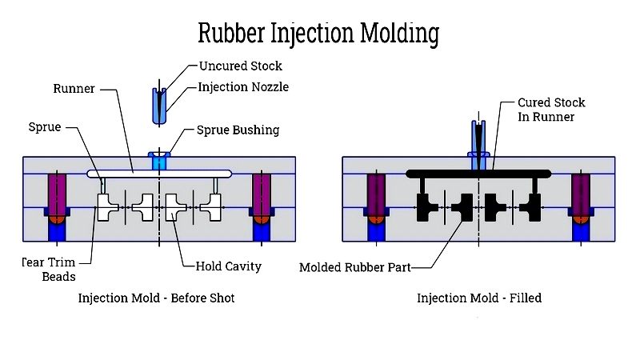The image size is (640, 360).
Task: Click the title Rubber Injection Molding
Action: (318, 33)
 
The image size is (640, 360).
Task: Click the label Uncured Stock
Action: (240, 66)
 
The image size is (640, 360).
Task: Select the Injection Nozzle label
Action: (243, 86)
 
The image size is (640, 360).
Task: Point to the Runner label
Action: (74, 88)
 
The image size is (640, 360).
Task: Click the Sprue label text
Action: (45, 127)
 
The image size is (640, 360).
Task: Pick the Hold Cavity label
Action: (228, 266)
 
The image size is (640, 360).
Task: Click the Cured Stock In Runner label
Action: (551, 110)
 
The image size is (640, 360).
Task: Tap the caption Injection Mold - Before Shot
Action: (156, 298)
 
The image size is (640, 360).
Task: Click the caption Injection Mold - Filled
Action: (479, 298)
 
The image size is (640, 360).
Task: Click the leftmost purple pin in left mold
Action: (57, 192)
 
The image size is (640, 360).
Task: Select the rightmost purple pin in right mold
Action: (581, 192)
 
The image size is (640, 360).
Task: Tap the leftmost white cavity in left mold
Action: (106, 208)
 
